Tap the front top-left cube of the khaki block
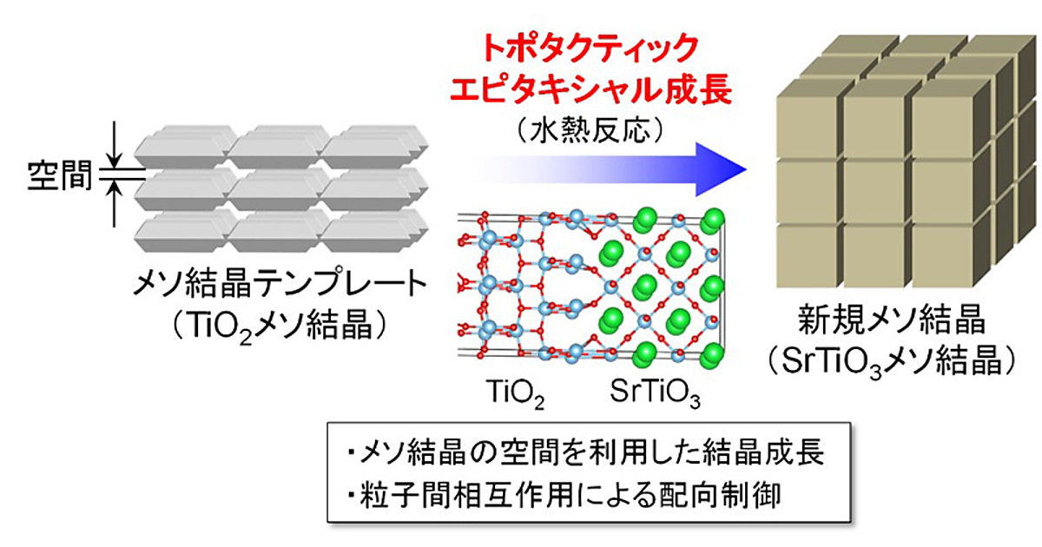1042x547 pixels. pyautogui.click(x=806, y=123)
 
